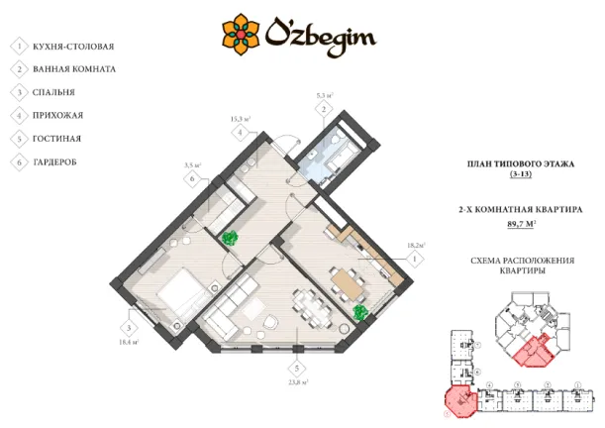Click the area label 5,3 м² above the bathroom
tap(323, 95)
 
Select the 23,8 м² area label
tap(297, 380)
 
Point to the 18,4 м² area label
tap(129, 342)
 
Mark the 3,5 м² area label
tap(193, 165)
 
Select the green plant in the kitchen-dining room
tap(360, 312)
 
